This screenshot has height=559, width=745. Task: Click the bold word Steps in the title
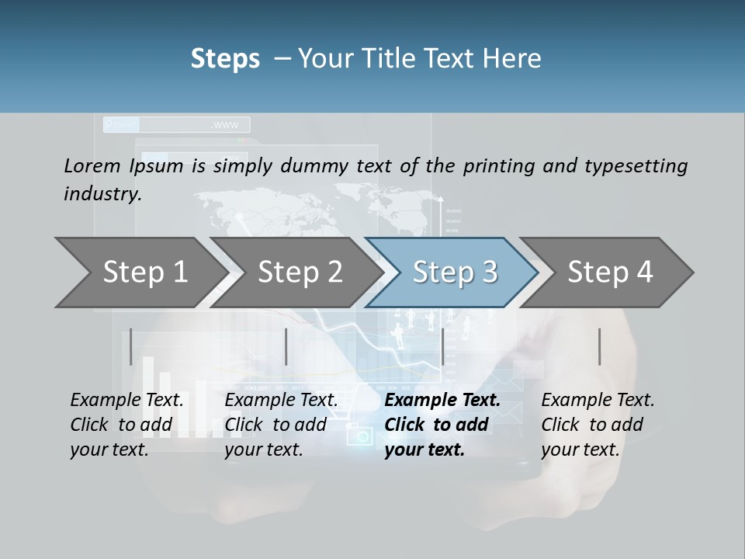(225, 59)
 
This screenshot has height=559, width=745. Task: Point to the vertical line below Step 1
(131, 346)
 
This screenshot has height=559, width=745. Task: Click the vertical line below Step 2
(286, 346)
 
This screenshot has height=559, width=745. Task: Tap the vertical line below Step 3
(442, 346)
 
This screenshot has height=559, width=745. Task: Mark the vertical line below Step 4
(599, 346)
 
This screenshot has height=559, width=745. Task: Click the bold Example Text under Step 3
(442, 401)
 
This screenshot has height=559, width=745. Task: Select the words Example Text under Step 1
(126, 401)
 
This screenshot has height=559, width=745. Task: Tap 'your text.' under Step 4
(580, 450)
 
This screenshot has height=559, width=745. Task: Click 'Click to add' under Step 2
(275, 425)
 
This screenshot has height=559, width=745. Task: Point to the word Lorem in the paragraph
(92, 165)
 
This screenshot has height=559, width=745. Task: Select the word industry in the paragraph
(102, 194)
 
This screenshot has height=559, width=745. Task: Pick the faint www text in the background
(225, 125)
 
